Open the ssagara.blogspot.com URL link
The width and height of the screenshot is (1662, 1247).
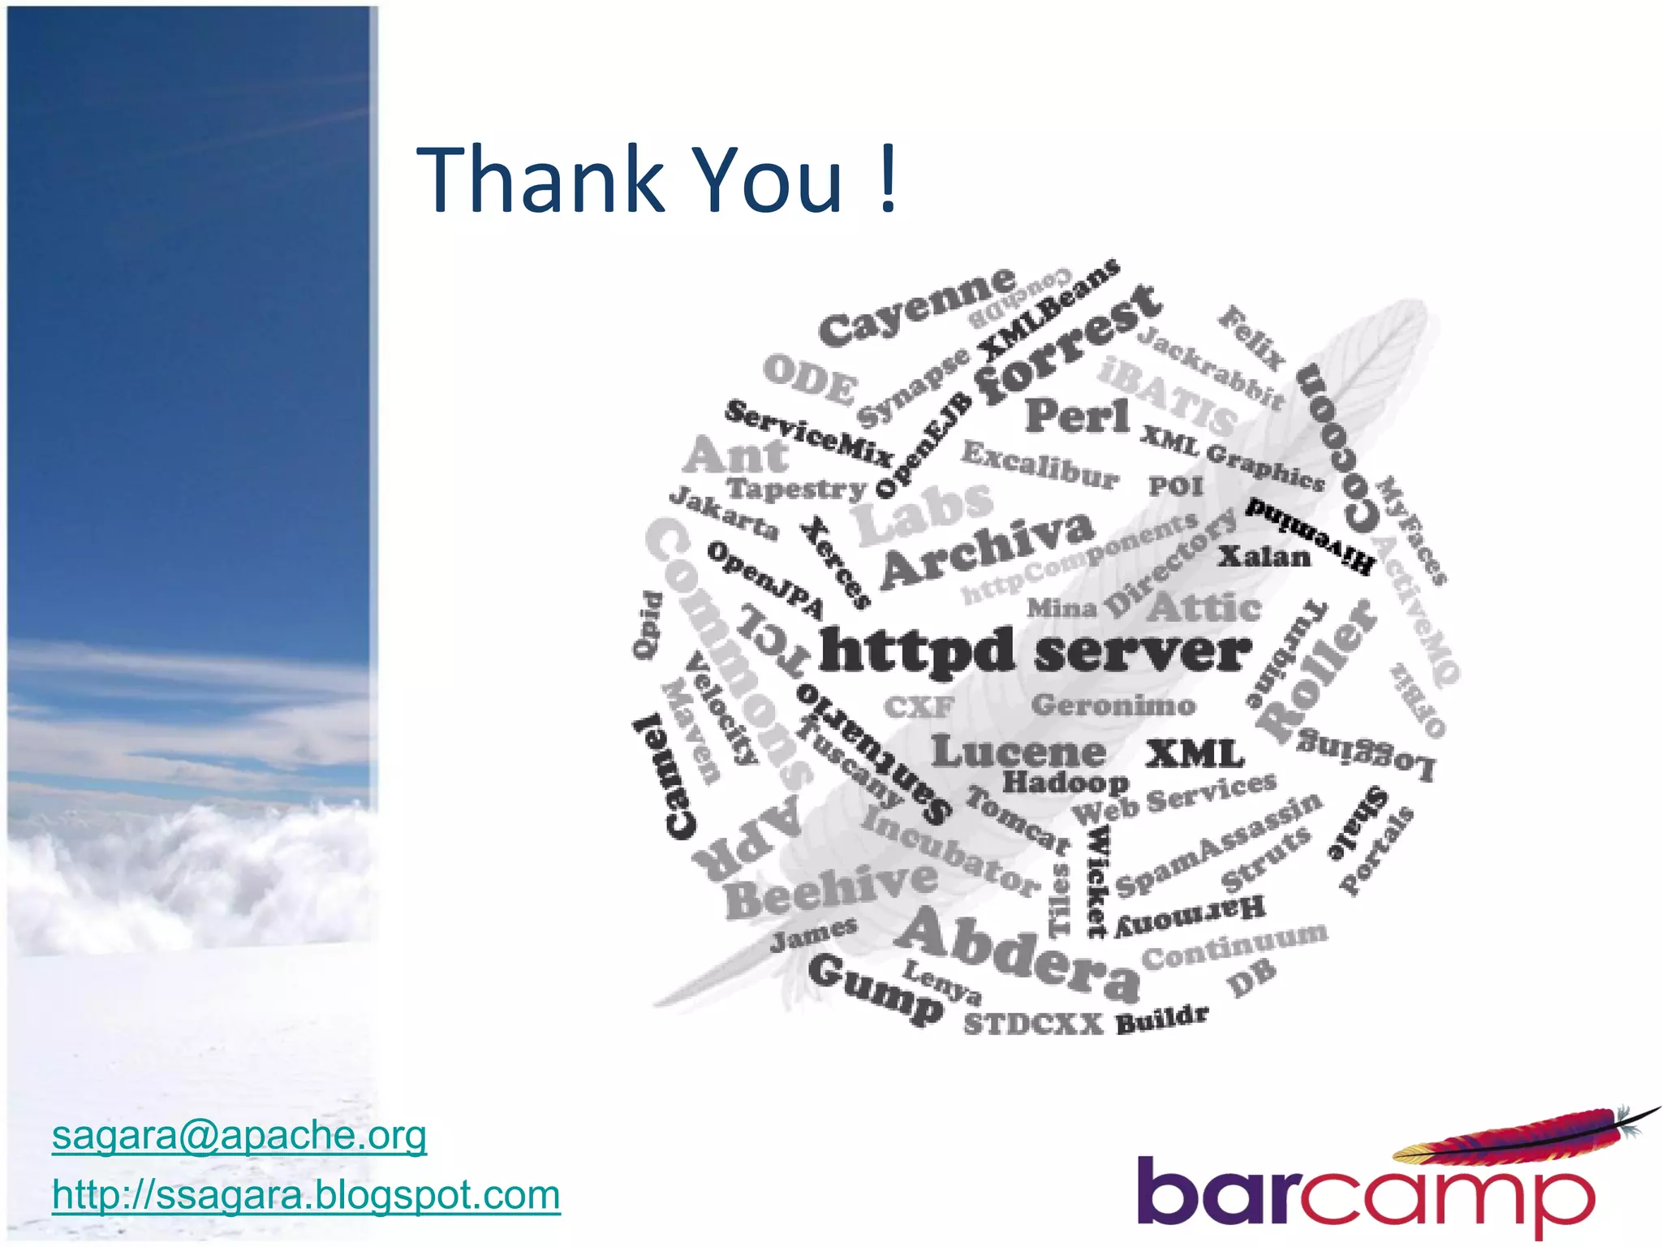pyautogui.click(x=306, y=1195)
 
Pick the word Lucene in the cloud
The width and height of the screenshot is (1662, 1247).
pyautogui.click(x=1018, y=752)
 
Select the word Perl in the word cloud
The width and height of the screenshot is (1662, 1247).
pyautogui.click(x=1077, y=416)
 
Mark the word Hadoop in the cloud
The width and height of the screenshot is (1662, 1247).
pyautogui.click(x=1066, y=783)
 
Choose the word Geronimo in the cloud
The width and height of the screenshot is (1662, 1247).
pyautogui.click(x=1113, y=705)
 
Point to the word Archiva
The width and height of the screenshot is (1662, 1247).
pyautogui.click(x=987, y=549)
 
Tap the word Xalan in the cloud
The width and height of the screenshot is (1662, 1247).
pyautogui.click(x=1264, y=557)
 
